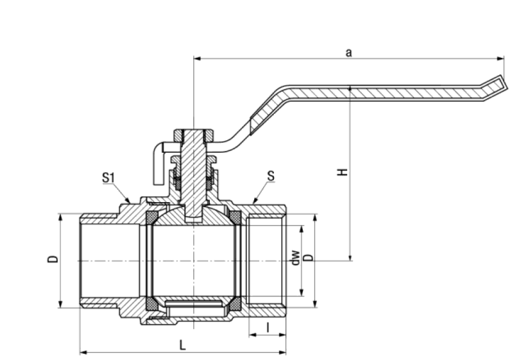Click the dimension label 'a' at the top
[348, 53]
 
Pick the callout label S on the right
[270, 177]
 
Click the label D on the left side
[53, 259]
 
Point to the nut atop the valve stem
[193, 134]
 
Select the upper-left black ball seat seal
[151, 217]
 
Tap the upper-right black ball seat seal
[235, 217]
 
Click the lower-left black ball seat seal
[151, 304]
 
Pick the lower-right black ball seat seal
[235, 304]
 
